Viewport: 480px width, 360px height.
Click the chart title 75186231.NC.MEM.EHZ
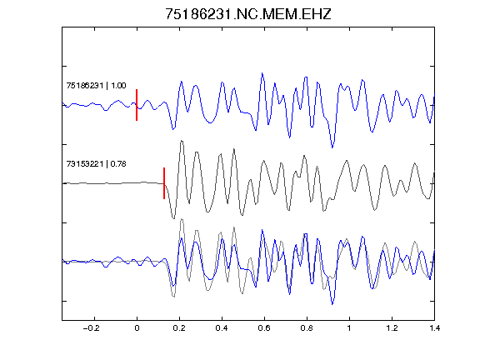248,14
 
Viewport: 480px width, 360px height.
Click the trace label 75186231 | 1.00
96,85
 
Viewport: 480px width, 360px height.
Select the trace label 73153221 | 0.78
96,164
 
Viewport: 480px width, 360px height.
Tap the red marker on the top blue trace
137,105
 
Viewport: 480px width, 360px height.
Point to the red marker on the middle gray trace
164,183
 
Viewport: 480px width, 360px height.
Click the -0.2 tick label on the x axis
92,328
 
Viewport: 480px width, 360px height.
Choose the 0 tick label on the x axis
137,328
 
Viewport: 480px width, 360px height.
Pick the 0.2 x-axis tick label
179,328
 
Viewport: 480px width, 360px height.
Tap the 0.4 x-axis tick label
222,328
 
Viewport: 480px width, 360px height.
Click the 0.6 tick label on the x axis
264,328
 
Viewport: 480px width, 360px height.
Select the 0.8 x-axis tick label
307,328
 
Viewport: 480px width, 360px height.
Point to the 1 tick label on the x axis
349,328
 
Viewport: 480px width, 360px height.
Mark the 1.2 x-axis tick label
392,328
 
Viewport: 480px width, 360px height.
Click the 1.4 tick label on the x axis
434,328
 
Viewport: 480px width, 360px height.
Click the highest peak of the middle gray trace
182,141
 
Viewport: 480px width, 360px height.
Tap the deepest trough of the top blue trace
332,147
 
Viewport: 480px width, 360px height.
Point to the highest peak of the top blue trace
262,73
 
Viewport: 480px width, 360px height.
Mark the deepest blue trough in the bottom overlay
332,304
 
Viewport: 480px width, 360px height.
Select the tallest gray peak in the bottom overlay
182,219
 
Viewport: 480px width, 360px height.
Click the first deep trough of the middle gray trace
174,218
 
